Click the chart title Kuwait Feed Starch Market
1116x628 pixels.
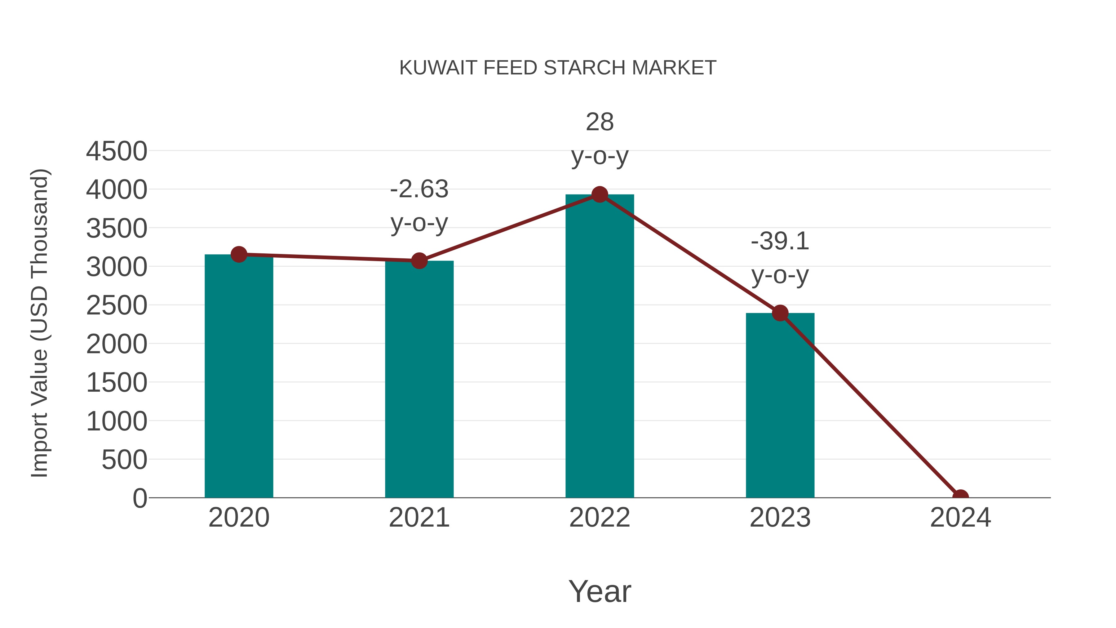(x=558, y=68)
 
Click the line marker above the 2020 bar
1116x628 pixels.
(x=239, y=254)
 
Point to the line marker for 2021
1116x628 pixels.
(x=419, y=261)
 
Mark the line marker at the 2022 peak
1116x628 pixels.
(x=600, y=194)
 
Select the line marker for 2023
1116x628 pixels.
(x=780, y=313)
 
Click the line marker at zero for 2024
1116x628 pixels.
(x=960, y=497)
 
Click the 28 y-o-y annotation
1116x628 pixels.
(x=600, y=138)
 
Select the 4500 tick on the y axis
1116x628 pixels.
(x=117, y=151)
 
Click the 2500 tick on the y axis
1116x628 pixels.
(x=117, y=305)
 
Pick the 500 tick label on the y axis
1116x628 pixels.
(x=124, y=460)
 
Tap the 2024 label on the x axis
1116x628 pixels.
(x=960, y=518)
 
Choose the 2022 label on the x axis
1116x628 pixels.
(x=600, y=518)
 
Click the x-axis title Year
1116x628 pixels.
(x=600, y=591)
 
